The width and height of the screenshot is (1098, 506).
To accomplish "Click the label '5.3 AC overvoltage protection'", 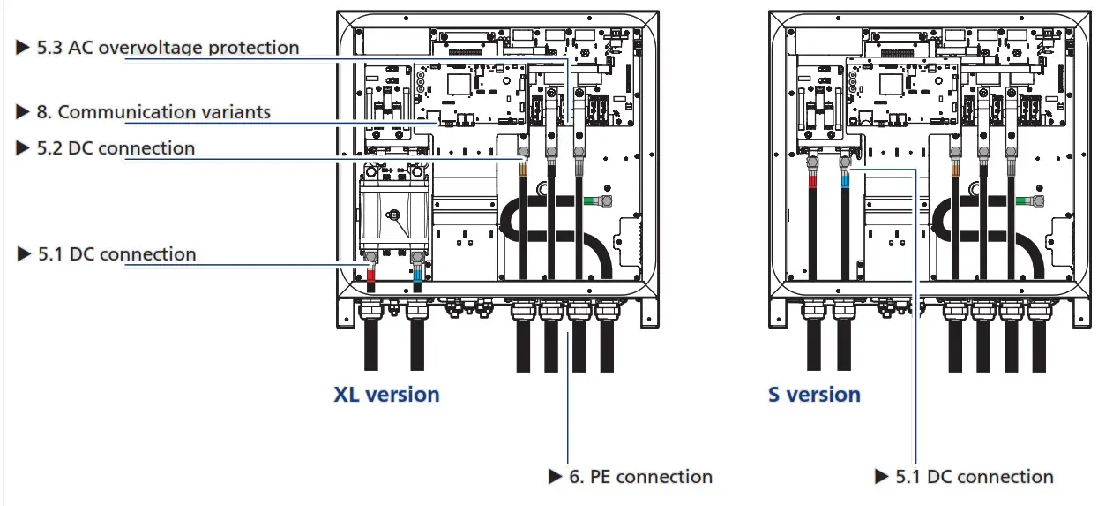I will tap(168, 48).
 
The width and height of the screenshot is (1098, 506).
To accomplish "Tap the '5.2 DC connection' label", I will tap(115, 148).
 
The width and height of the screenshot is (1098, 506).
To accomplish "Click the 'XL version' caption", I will tap(386, 394).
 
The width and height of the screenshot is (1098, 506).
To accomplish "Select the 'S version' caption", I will tap(813, 394).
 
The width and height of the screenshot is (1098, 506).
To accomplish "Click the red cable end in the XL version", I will tap(371, 280).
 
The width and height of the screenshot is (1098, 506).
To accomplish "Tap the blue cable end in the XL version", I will tap(417, 280).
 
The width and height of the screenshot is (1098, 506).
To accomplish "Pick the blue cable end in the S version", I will tap(845, 180).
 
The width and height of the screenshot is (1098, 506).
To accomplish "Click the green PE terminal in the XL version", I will tap(586, 200).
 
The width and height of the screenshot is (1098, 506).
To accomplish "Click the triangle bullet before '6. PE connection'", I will tap(556, 477).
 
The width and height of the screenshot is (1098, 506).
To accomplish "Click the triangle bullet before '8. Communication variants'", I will tap(23, 112).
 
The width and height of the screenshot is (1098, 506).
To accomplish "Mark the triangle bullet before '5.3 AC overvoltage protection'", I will tap(23, 48).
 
